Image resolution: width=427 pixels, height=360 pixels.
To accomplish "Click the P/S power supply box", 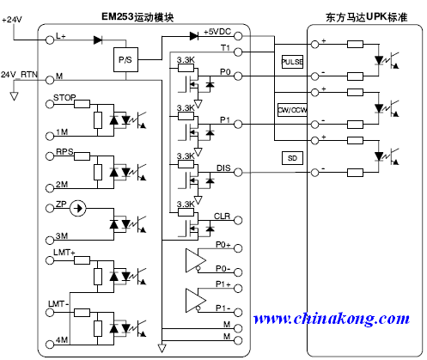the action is click(125, 59).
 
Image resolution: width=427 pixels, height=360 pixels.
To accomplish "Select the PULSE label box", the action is click(292, 62).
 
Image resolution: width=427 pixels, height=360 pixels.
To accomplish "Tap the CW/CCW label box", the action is click(292, 110).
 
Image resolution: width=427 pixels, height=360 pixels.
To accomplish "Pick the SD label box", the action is click(292, 158).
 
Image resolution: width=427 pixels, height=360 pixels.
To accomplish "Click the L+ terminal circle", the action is click(50, 40).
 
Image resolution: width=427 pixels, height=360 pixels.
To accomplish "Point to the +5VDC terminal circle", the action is click(238, 36).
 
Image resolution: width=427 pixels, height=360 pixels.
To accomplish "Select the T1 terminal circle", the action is click(238, 52).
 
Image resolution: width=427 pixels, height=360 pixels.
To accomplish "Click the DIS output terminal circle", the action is click(238, 173).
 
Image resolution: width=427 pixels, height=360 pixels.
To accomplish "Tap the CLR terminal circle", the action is click(238, 220).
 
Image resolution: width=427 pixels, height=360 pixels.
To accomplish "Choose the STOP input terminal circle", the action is click(50, 104).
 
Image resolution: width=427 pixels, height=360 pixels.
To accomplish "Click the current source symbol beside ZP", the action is click(78, 208).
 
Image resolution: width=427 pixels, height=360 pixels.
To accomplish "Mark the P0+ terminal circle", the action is click(238, 248).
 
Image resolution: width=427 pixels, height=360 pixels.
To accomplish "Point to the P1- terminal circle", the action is click(238, 313).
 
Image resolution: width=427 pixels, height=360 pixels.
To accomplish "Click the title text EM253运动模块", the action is click(137, 17).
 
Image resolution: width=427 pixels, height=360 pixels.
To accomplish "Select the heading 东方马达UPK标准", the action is click(366, 17).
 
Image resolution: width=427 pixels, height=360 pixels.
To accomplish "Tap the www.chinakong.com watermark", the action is click(332, 319).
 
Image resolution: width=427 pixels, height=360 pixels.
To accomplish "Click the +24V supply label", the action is click(12, 20).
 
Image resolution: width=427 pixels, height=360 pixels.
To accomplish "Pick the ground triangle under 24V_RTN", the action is click(14, 96).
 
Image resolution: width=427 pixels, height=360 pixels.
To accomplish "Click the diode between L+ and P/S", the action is click(98, 40).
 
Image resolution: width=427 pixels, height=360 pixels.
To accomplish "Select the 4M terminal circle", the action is click(50, 344).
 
